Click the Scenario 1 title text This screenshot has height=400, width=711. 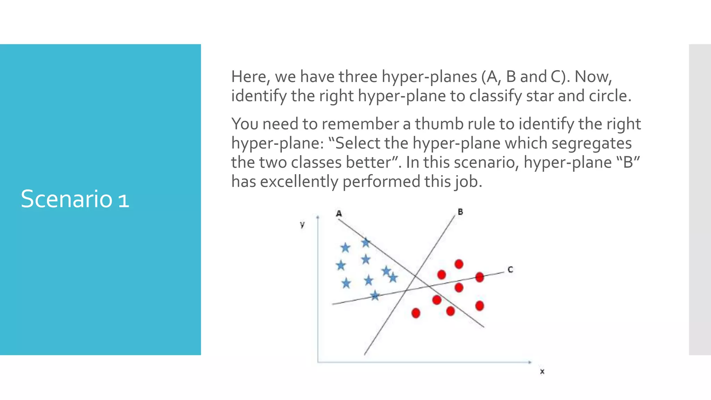pos(75,199)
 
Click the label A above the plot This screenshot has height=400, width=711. pos(339,214)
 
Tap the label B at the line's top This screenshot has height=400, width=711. pos(460,212)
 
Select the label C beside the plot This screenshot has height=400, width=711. pos(510,269)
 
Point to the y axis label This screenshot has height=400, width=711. pos(302,225)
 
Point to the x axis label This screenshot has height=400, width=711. pos(542,372)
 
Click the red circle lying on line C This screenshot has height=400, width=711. pos(479,277)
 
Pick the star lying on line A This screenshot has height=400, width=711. pos(366,242)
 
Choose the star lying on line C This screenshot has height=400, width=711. pos(375,296)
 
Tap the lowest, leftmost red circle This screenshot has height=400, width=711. pos(416,313)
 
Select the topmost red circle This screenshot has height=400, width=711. pos(459,264)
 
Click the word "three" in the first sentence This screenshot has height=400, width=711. pos(358,77)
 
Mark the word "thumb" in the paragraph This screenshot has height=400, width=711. pos(437,124)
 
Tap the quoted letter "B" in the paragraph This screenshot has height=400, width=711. pos(628,162)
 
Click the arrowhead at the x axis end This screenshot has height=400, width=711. pos(530,362)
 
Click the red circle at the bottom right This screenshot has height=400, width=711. pos(479,306)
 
